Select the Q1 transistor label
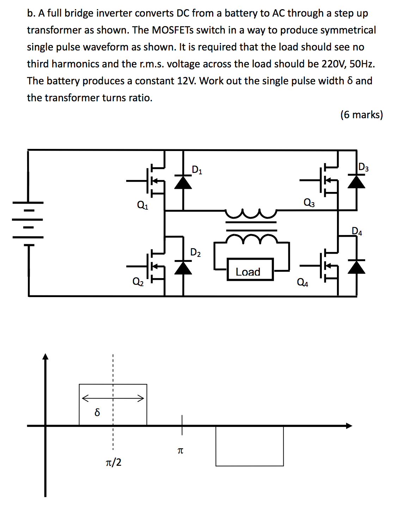tap(142, 205)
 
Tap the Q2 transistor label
tap(138, 282)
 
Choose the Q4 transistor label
tap(302, 283)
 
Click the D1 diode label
tap(197, 170)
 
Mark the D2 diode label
tap(195, 252)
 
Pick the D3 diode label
tap(363, 167)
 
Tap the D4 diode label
tap(357, 231)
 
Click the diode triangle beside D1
tap(183, 182)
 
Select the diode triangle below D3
tap(356, 181)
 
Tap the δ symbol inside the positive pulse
tap(97, 412)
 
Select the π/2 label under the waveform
tap(114, 462)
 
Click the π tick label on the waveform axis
tap(180, 451)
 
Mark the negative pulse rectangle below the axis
tap(250, 446)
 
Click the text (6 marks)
tap(361, 115)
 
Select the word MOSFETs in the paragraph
tap(173, 30)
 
